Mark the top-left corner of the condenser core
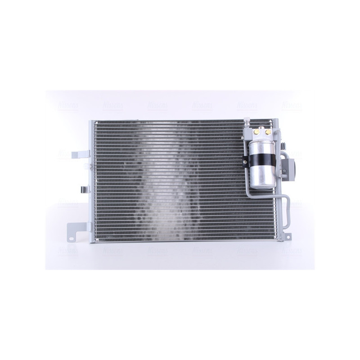[x=95, y=121]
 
